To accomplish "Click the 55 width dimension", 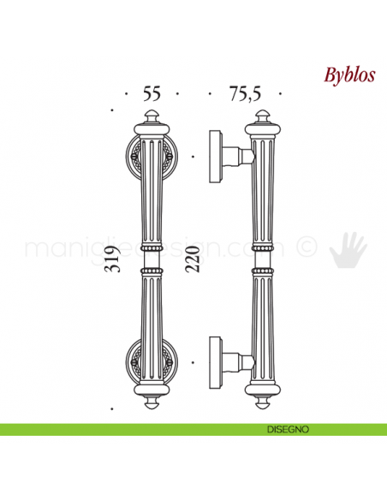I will click(x=152, y=95).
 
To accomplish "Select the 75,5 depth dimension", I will click(x=245, y=95).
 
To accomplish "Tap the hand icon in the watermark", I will click(x=348, y=248).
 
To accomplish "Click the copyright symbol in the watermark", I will click(x=306, y=248).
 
